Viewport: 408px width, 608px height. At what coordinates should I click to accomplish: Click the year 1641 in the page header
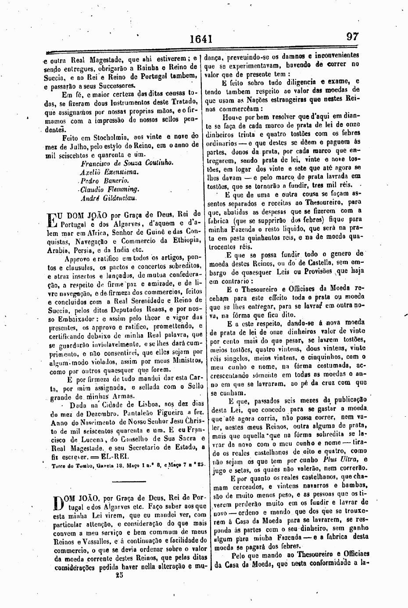tap(201, 40)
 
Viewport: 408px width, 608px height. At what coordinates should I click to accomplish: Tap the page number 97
tap(352, 37)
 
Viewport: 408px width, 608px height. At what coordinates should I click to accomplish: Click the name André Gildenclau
tap(109, 198)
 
